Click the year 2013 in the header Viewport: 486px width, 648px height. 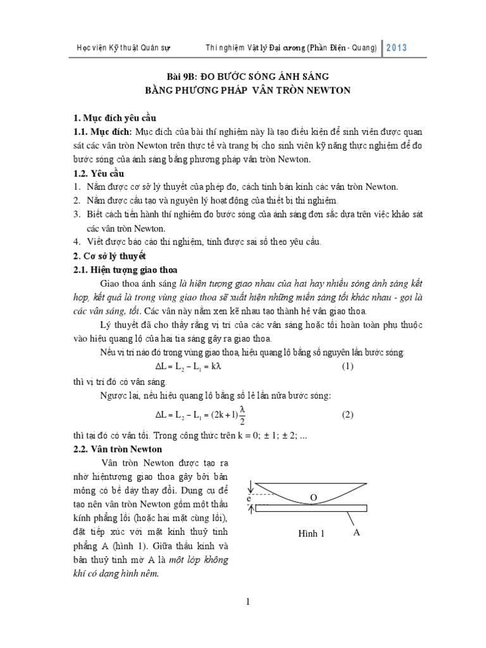pyautogui.click(x=396, y=47)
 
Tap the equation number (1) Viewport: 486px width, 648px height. pyautogui.click(x=347, y=367)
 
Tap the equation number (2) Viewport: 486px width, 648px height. pyautogui.click(x=347, y=415)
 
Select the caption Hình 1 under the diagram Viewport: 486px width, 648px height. pyautogui.click(x=311, y=533)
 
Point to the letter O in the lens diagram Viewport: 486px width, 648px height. pyautogui.click(x=313, y=498)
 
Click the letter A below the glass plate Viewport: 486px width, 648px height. pyautogui.click(x=356, y=533)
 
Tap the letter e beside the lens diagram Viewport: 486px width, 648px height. pyautogui.click(x=251, y=499)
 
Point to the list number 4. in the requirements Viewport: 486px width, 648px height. pyautogui.click(x=75, y=242)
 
